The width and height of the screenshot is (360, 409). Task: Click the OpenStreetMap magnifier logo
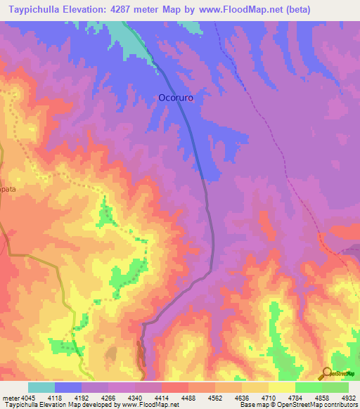326,373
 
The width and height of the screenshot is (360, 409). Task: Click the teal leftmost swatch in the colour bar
41,387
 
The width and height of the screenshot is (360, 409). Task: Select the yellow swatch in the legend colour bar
281,387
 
